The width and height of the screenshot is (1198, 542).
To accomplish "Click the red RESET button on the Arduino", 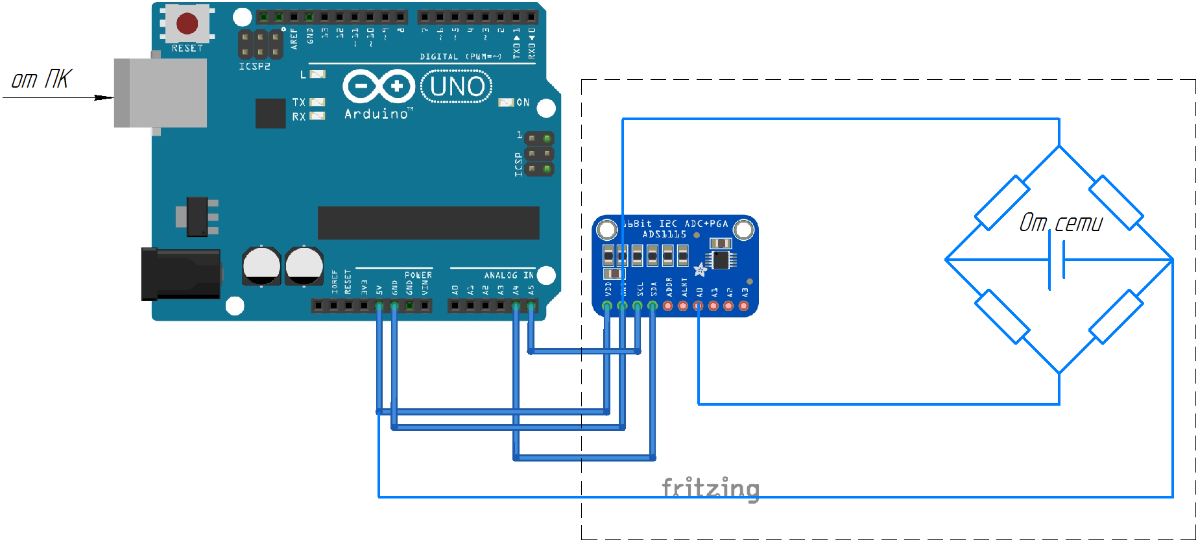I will click(x=187, y=23).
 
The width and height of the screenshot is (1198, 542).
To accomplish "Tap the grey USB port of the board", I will click(x=160, y=93).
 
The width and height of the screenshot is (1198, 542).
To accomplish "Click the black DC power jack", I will click(x=181, y=274).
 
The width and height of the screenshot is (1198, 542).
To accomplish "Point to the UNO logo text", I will click(x=457, y=87).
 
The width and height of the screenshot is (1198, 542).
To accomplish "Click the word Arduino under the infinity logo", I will click(x=377, y=114).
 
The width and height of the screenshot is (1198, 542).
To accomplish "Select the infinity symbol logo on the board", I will click(x=379, y=86).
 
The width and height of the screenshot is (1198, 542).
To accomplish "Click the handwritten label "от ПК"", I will click(x=42, y=79).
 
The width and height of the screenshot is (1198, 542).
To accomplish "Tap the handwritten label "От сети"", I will click(x=1061, y=223).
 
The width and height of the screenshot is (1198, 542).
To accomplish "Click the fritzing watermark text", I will click(x=710, y=488).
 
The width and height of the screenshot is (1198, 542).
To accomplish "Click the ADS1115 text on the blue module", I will click(x=664, y=234).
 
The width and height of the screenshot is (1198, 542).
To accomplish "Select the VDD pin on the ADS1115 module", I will click(x=607, y=305).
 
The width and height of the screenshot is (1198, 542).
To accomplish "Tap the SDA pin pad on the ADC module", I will click(x=653, y=305).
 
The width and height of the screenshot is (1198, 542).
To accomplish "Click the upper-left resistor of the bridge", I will click(x=1002, y=203).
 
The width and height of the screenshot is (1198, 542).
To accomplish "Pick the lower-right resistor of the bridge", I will click(x=1116, y=317).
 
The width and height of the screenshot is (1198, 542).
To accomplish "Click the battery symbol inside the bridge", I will click(x=1057, y=260).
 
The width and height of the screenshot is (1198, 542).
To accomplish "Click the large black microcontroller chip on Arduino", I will click(x=428, y=223).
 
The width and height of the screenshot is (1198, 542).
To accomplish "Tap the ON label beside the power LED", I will click(x=523, y=103).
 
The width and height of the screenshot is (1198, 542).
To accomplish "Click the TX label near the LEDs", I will click(x=298, y=102).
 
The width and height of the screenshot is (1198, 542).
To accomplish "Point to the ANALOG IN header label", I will click(x=509, y=275).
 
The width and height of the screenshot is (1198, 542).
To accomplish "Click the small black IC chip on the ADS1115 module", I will click(x=721, y=260).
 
